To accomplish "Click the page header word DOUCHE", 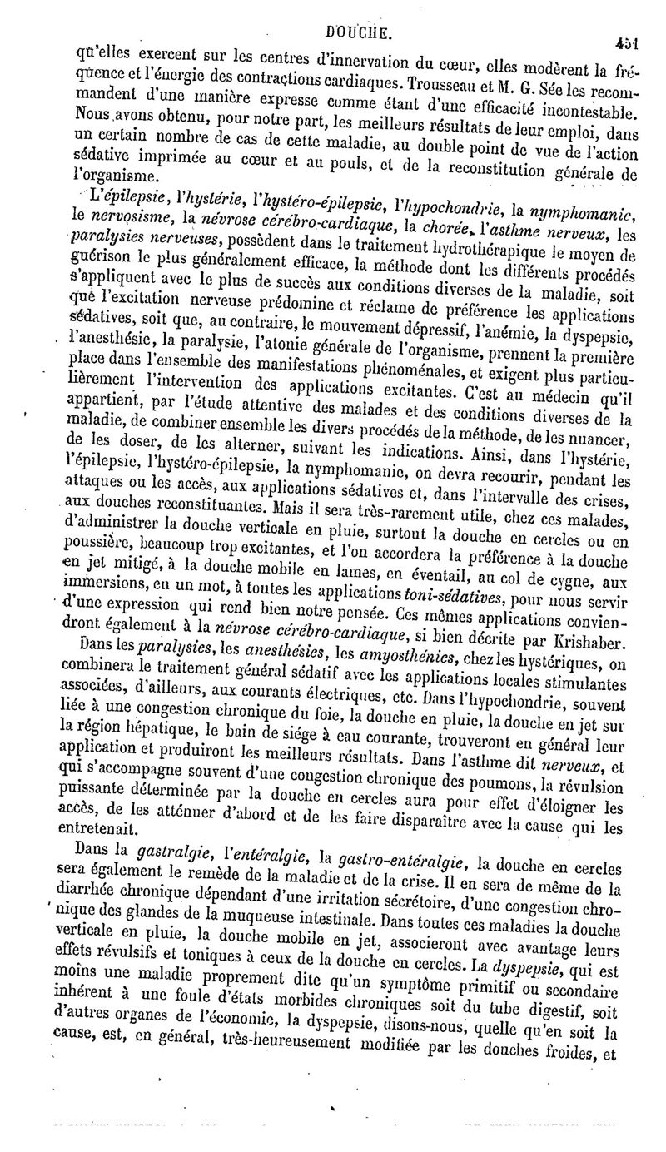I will click(x=355, y=11).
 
